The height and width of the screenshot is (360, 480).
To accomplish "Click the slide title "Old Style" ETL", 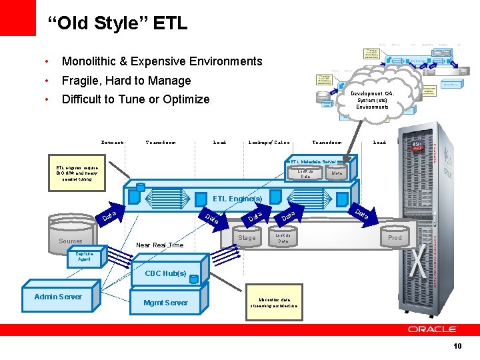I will click(x=118, y=24).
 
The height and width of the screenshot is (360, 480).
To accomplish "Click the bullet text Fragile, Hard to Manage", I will click(x=126, y=81).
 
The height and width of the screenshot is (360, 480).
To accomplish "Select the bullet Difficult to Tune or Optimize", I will click(x=135, y=99).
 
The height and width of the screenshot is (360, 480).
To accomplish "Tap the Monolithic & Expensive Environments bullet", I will click(x=162, y=61).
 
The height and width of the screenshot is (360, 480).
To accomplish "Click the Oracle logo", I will click(x=432, y=329).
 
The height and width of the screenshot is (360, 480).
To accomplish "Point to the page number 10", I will click(x=457, y=346).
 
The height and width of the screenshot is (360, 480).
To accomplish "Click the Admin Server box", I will click(x=58, y=297).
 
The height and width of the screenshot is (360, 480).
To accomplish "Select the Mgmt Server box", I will click(x=166, y=303).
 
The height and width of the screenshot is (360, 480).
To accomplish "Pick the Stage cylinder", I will click(x=247, y=237).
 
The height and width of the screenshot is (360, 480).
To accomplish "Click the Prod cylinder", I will click(x=395, y=237).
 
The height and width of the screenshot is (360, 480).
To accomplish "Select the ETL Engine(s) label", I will click(x=237, y=199).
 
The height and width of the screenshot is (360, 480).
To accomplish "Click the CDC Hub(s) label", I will click(x=166, y=273).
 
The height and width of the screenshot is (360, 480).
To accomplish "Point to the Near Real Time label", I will click(x=159, y=245).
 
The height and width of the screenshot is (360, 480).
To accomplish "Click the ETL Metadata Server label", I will click(x=313, y=162).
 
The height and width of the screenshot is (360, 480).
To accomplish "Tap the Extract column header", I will click(x=112, y=142).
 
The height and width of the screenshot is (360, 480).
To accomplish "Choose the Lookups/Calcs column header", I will click(x=269, y=142).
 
